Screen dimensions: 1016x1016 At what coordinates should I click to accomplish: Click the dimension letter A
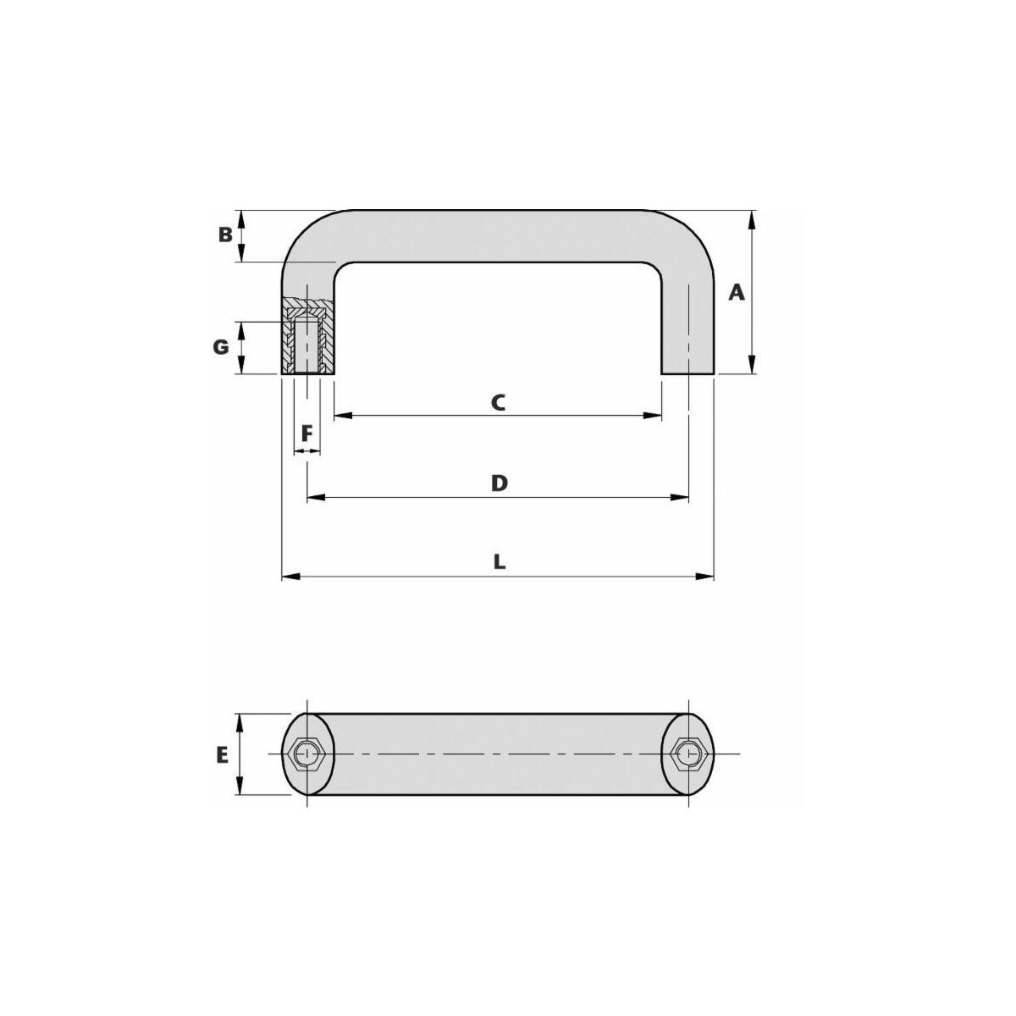pyautogui.click(x=736, y=292)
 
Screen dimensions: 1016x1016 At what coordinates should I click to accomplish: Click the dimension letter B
pyautogui.click(x=225, y=235)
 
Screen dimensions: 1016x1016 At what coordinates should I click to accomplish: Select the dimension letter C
pyautogui.click(x=498, y=402)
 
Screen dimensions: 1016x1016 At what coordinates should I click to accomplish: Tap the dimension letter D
pyautogui.click(x=499, y=483)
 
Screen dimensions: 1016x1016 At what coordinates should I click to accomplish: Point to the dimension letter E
pyautogui.click(x=222, y=755)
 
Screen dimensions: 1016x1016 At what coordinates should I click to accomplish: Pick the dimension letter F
pyautogui.click(x=306, y=434)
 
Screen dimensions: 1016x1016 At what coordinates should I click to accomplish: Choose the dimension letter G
pyautogui.click(x=221, y=347)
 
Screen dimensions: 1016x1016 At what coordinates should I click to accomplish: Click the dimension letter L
pyautogui.click(x=500, y=562)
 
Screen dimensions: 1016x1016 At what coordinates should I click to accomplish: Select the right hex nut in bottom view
pyautogui.click(x=687, y=754)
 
